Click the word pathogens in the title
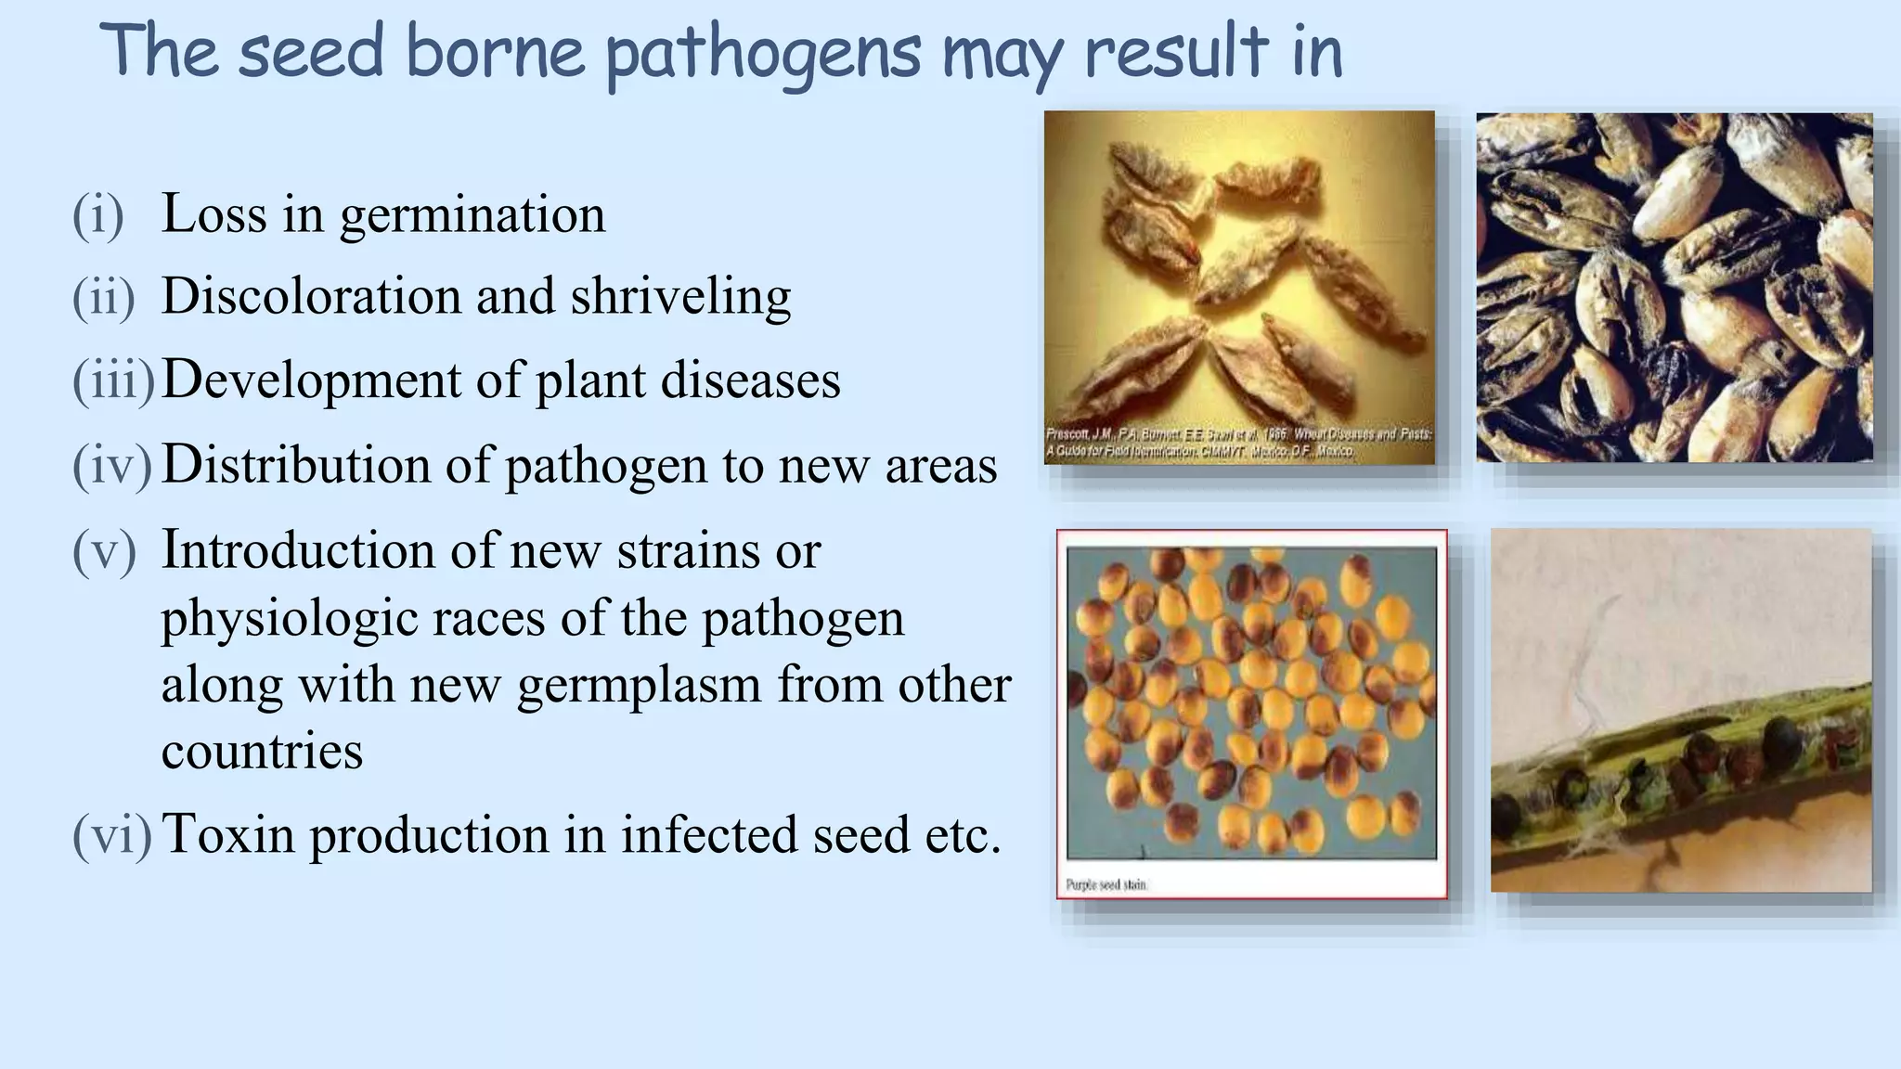point(763,54)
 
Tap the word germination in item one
point(472,215)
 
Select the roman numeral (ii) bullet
point(103,298)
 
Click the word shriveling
point(680,298)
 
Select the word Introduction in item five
point(298,550)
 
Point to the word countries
point(262,751)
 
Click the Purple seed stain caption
point(1106,885)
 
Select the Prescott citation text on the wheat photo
point(1238,444)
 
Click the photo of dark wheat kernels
point(1674,288)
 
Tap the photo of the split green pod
point(1680,711)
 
